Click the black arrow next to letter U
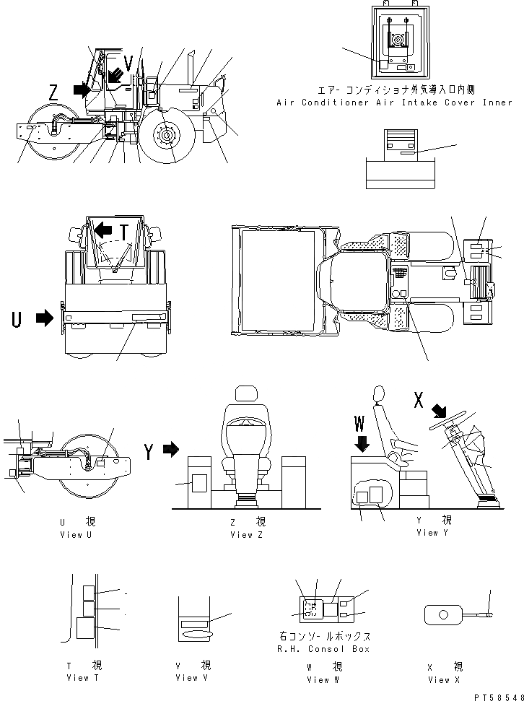[x=45, y=318]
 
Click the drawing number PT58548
[x=497, y=697]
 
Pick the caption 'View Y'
[x=433, y=532]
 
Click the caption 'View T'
[x=77, y=677]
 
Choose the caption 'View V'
[x=187, y=677]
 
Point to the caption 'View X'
[x=439, y=679]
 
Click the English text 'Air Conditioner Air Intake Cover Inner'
[x=394, y=103]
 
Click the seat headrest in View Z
[x=245, y=394]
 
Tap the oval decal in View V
[x=196, y=633]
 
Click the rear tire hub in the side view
[x=167, y=135]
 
